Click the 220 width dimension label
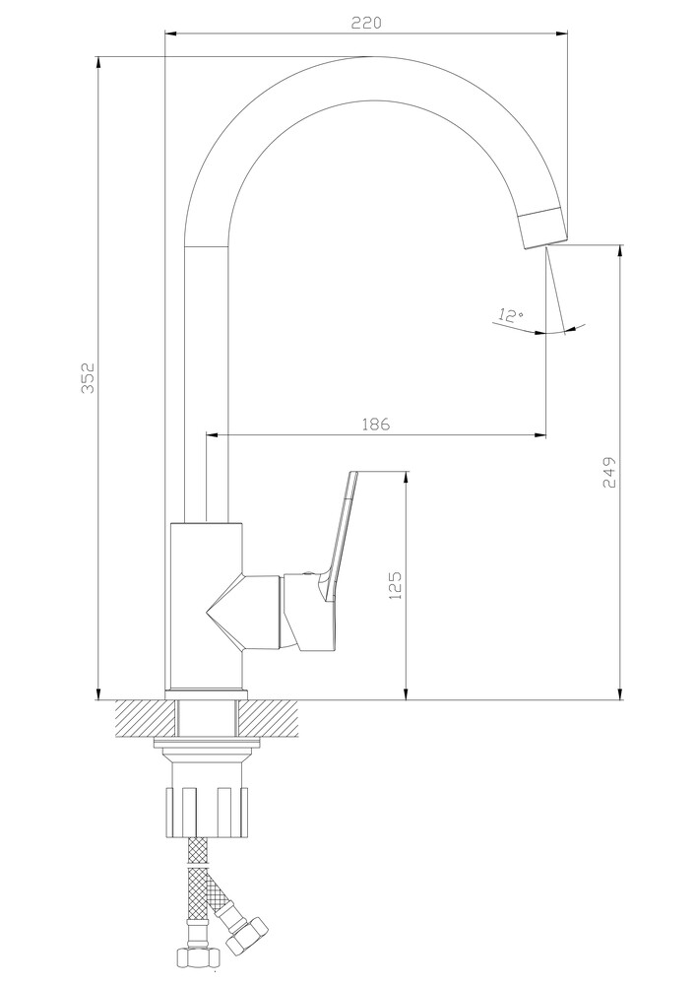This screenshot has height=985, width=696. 366,23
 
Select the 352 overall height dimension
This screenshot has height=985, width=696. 89,377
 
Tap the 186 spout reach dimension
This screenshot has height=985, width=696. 376,424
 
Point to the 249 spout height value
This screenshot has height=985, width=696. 609,472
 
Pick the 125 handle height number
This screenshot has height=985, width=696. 396,585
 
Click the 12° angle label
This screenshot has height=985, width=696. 511,315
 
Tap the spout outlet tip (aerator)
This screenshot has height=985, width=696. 543,228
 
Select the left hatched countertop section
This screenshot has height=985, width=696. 145,719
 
